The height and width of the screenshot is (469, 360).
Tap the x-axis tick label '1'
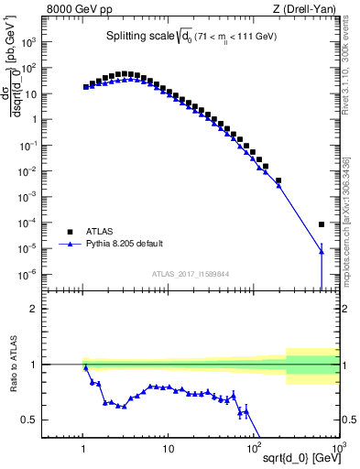(84, 448)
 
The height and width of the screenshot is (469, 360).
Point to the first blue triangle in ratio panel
(86, 367)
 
